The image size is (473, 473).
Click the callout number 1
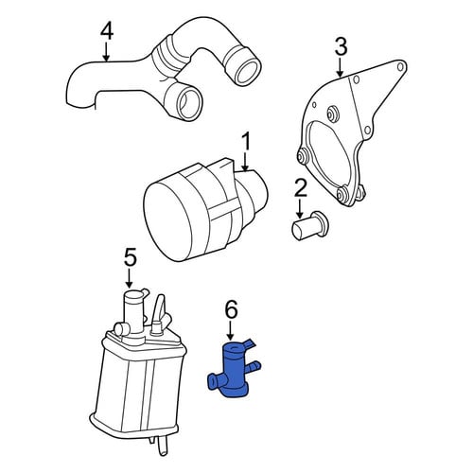pyautogui.click(x=246, y=142)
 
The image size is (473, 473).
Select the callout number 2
pyautogui.click(x=300, y=188)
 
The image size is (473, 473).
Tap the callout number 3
pyautogui.click(x=341, y=46)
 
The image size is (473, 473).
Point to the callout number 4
pyautogui.click(x=107, y=31)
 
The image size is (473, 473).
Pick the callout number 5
pyautogui.click(x=130, y=257)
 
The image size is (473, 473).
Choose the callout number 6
pyautogui.click(x=231, y=310)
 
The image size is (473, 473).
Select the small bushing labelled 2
pyautogui.click(x=307, y=227)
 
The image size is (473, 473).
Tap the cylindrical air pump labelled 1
pyautogui.click(x=205, y=210)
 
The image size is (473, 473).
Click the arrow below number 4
pyautogui.click(x=107, y=52)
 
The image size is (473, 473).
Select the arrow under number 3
pyautogui.click(x=340, y=67)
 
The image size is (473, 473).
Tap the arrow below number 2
pyautogui.click(x=300, y=208)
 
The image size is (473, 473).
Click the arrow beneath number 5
pyautogui.click(x=129, y=278)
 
